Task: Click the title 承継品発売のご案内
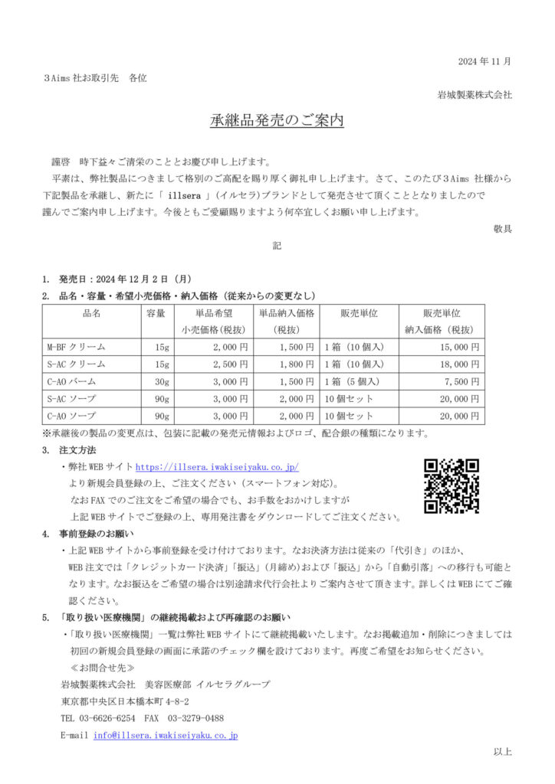[277, 121]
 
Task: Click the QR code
[452, 486]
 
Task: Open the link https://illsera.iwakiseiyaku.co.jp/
[217, 466]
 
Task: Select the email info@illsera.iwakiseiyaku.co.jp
[165, 735]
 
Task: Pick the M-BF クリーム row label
[77, 348]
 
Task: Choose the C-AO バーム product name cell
[74, 381]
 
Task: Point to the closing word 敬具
[503, 227]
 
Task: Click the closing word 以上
[503, 752]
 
